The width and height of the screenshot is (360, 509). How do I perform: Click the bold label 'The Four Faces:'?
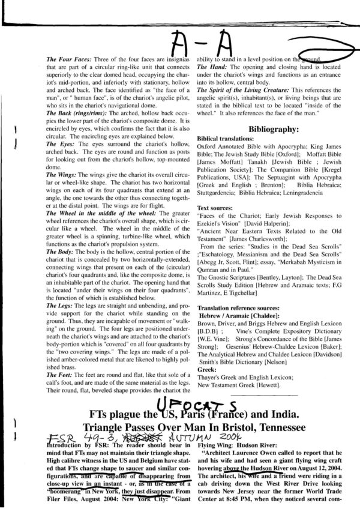[67, 61]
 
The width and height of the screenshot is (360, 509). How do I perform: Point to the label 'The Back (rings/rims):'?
[75, 113]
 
